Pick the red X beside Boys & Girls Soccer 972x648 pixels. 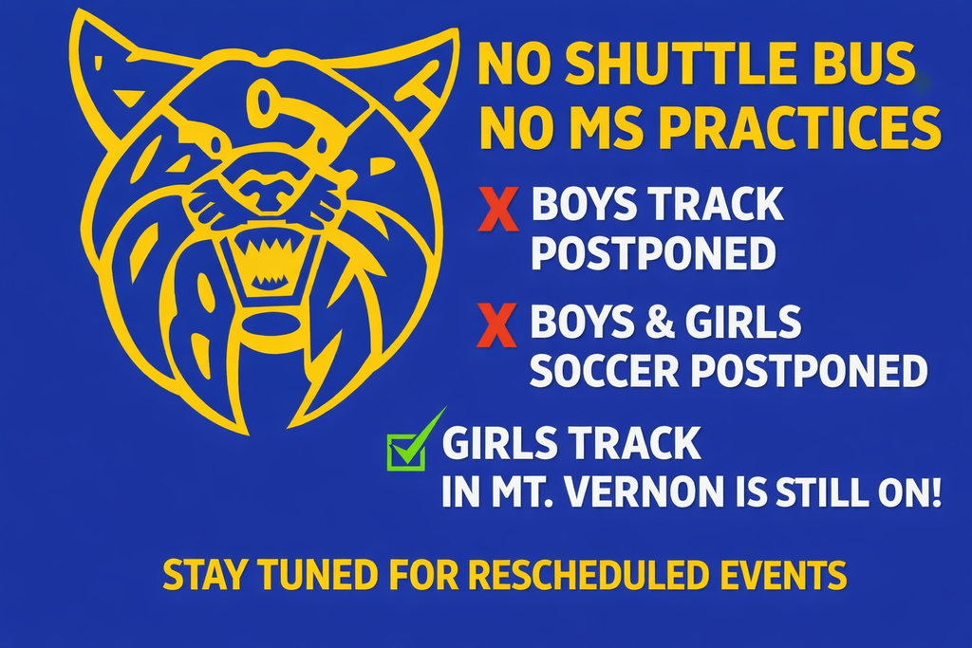pyautogui.click(x=497, y=328)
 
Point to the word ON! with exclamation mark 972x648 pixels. pyautogui.click(x=915, y=494)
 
